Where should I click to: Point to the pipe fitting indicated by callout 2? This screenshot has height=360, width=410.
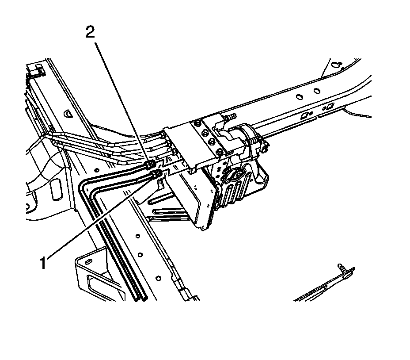(149, 166)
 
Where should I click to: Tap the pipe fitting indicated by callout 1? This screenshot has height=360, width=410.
(155, 174)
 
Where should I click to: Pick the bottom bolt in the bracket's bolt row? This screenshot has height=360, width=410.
(211, 142)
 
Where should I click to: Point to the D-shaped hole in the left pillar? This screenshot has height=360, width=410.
(68, 114)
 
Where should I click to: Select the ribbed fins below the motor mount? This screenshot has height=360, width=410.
(235, 195)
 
